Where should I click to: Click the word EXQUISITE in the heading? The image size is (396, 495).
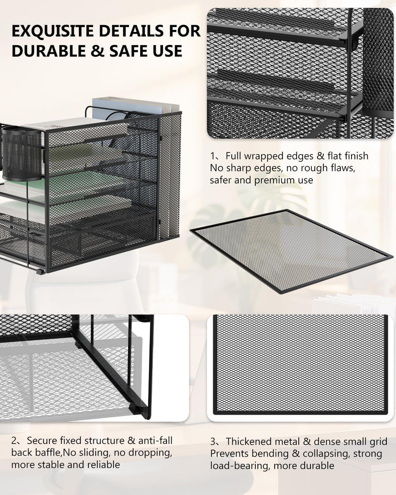53,31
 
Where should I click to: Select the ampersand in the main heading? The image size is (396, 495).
98,51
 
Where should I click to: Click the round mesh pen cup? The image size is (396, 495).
21,153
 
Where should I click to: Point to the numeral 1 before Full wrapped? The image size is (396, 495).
213,156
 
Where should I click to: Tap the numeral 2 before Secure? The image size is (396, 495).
14,440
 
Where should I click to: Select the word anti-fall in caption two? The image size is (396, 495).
155,440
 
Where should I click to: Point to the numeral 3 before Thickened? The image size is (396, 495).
213,441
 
